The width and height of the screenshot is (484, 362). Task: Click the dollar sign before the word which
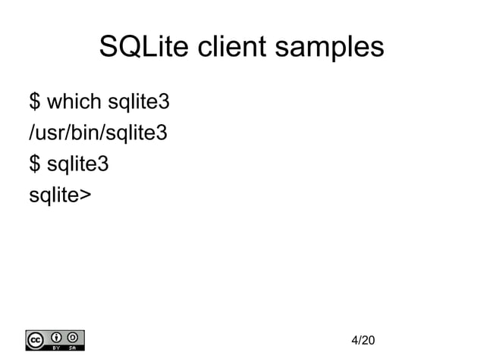tap(35, 101)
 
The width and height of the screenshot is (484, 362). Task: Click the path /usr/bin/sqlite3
tap(98, 134)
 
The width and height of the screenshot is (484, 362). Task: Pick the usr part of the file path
tap(49, 134)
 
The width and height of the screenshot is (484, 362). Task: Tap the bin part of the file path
tap(81, 134)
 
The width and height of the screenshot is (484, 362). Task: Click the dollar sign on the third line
tap(35, 164)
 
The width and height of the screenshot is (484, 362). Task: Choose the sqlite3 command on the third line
tap(78, 164)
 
